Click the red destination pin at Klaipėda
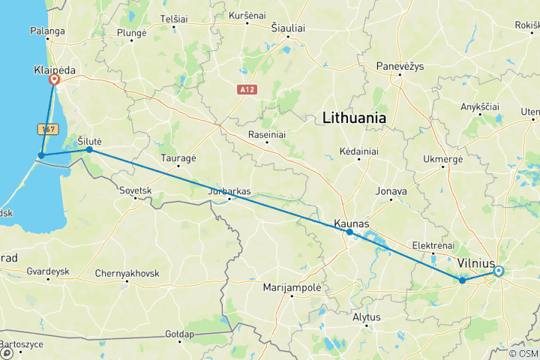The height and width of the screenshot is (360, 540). pyautogui.click(x=54, y=79)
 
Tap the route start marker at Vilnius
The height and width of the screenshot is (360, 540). pyautogui.click(x=499, y=271)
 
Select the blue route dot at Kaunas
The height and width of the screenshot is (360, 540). pyautogui.click(x=349, y=232)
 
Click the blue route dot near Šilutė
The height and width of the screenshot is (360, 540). pyautogui.click(x=89, y=149)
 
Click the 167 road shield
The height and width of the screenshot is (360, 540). pyautogui.click(x=49, y=129)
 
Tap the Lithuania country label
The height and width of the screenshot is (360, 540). pyautogui.click(x=354, y=118)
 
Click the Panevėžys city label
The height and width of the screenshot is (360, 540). pyautogui.click(x=400, y=66)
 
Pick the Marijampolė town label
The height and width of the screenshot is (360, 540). pyautogui.click(x=292, y=288)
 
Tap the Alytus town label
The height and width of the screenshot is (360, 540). pyautogui.click(x=367, y=316)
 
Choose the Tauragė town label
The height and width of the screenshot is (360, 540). pyautogui.click(x=178, y=158)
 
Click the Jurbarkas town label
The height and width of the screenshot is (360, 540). pyautogui.click(x=229, y=191)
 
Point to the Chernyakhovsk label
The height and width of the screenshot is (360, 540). pyautogui.click(x=127, y=273)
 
